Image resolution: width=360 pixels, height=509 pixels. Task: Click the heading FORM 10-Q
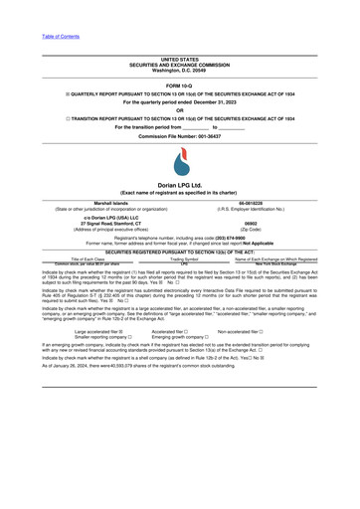pyautogui.click(x=179, y=86)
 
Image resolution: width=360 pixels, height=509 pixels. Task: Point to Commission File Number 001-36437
pyautogui.click(x=179, y=135)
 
